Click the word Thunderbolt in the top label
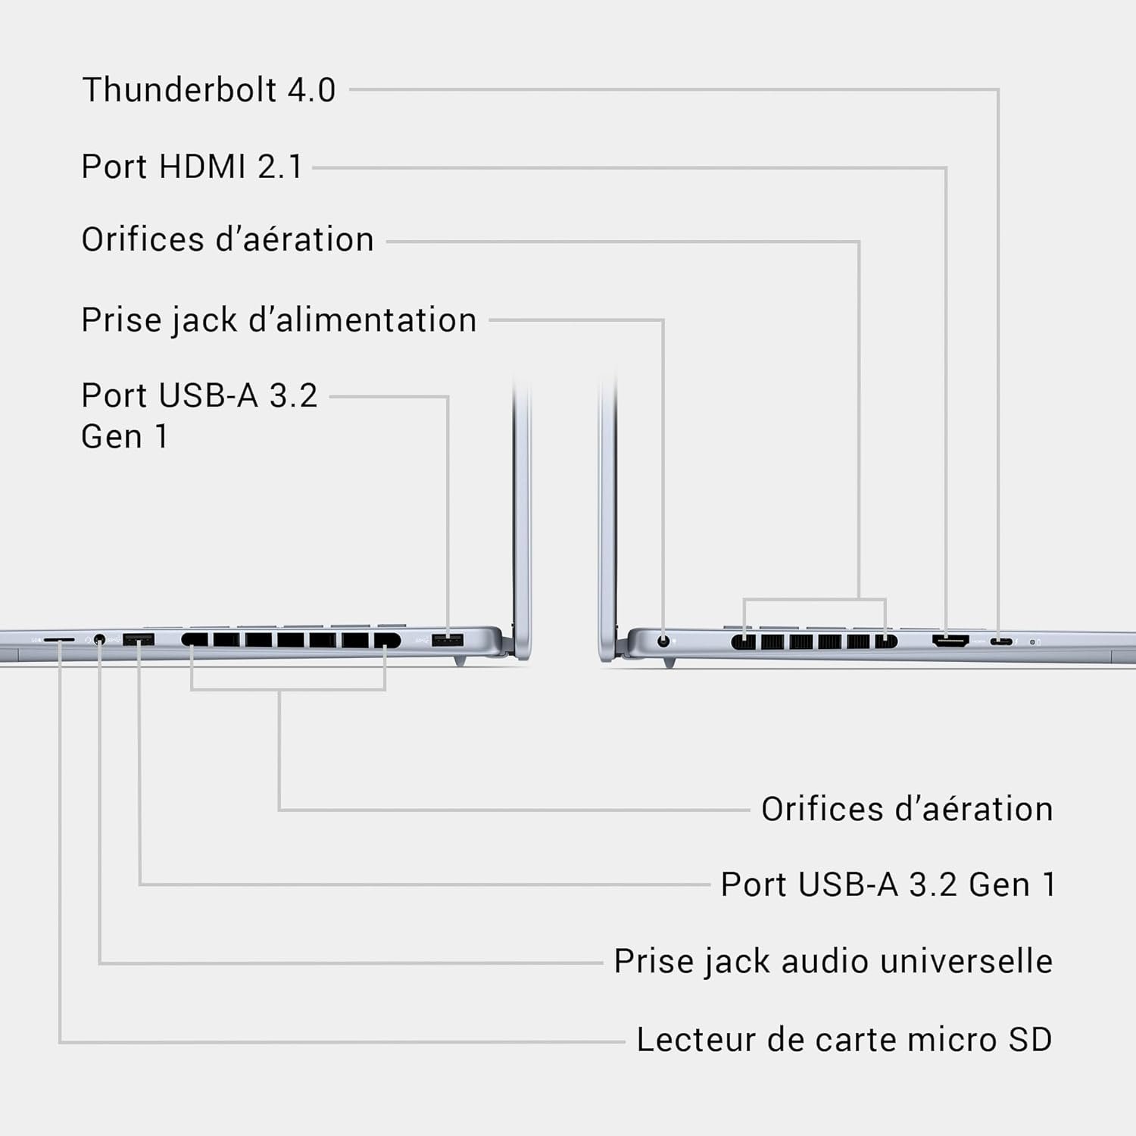(179, 90)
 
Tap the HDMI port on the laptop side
(950, 641)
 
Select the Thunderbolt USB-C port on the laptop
(1000, 641)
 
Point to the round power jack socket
(664, 641)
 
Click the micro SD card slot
(59, 640)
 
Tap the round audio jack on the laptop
(99, 640)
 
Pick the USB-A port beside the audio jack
(139, 640)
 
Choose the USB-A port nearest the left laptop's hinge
(448, 641)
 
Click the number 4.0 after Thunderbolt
(311, 90)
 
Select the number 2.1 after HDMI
(279, 167)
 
